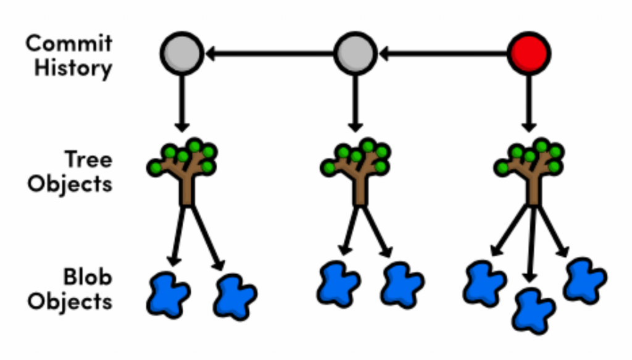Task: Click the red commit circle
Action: click(x=529, y=54)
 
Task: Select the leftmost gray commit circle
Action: click(x=181, y=54)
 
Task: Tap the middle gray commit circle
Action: click(x=355, y=54)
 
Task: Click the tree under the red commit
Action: click(x=531, y=170)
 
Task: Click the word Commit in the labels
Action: click(x=69, y=44)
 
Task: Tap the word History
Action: click(x=73, y=67)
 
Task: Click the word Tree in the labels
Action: click(x=89, y=160)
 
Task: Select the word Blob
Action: click(x=87, y=278)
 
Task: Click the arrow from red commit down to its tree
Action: click(x=529, y=102)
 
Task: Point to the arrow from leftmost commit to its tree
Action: click(x=181, y=102)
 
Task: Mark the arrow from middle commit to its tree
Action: click(x=355, y=102)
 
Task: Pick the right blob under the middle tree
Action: click(x=402, y=285)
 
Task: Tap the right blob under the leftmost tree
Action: click(x=235, y=297)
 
